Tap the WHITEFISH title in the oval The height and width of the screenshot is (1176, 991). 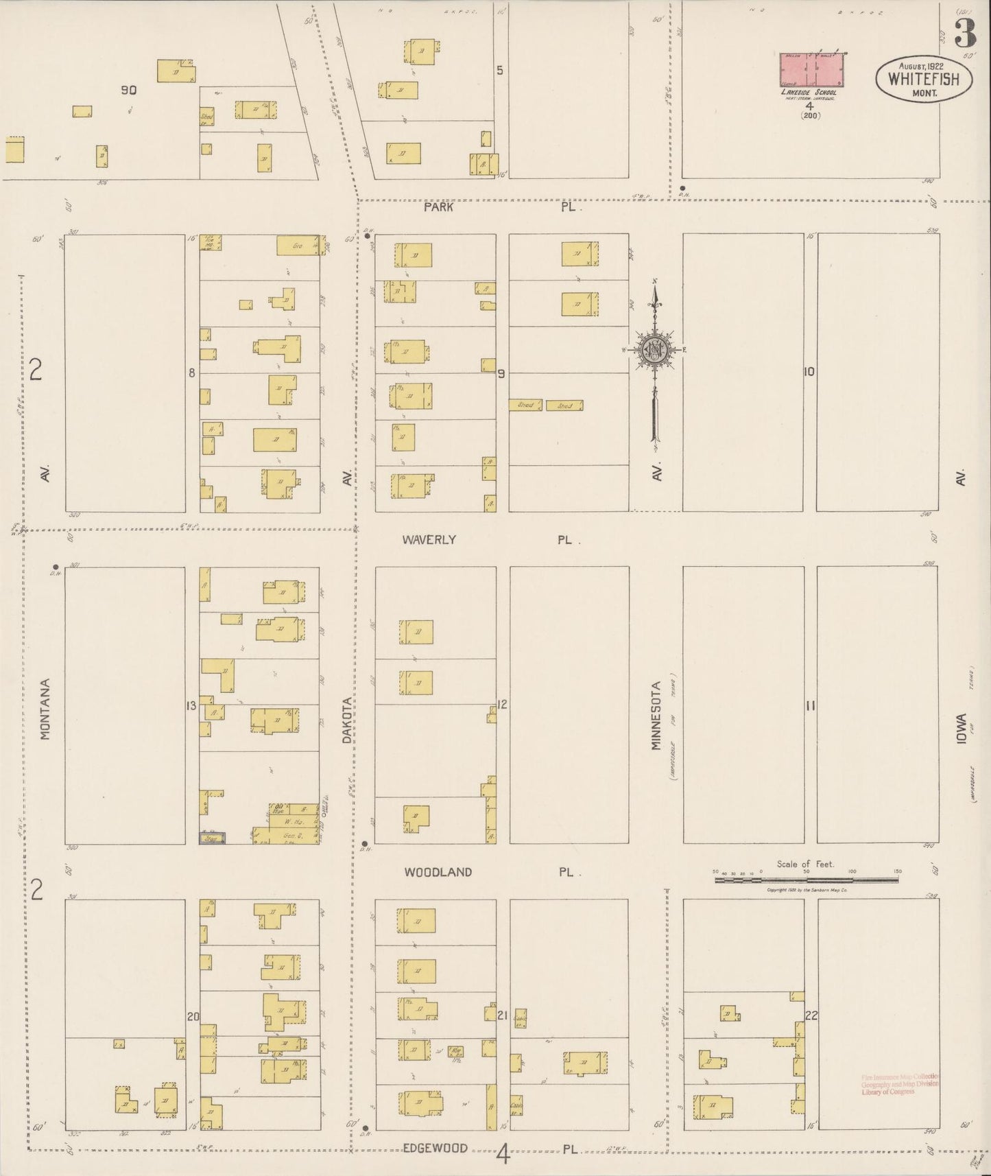(x=923, y=78)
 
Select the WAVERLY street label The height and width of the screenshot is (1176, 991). (x=429, y=539)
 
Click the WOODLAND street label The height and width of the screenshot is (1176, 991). (x=438, y=872)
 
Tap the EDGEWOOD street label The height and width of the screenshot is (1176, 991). (x=435, y=1148)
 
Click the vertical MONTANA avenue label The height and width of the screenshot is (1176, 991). (x=45, y=709)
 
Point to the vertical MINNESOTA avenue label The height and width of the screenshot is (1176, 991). (x=656, y=715)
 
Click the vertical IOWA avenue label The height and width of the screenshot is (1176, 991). (x=962, y=731)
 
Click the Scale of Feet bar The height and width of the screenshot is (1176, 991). (x=807, y=879)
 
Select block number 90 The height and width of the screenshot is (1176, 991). (x=128, y=90)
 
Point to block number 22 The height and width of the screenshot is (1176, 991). (x=811, y=1016)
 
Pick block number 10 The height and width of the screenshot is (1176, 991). (x=809, y=372)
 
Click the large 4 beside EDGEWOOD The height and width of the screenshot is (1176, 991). (x=503, y=1155)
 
